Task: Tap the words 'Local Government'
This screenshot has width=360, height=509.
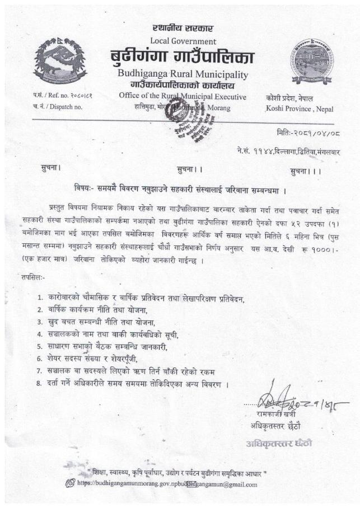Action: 183,41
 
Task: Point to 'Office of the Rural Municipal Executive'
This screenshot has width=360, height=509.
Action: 183,96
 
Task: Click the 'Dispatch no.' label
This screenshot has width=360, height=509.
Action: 59,106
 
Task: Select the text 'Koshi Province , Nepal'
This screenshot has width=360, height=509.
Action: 300,107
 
